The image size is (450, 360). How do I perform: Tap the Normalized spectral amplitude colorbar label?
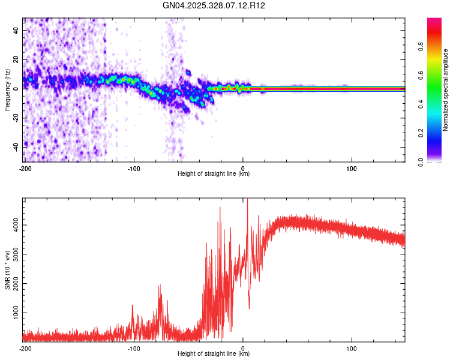coord(445,91)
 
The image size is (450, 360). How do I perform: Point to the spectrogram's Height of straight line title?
coord(214,173)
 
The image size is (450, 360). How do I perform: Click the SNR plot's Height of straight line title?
coord(214,353)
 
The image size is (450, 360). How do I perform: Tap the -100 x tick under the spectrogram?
coord(134,167)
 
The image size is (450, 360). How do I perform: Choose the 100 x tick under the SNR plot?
coord(352,347)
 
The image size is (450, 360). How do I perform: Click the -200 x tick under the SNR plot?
coord(25,347)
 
